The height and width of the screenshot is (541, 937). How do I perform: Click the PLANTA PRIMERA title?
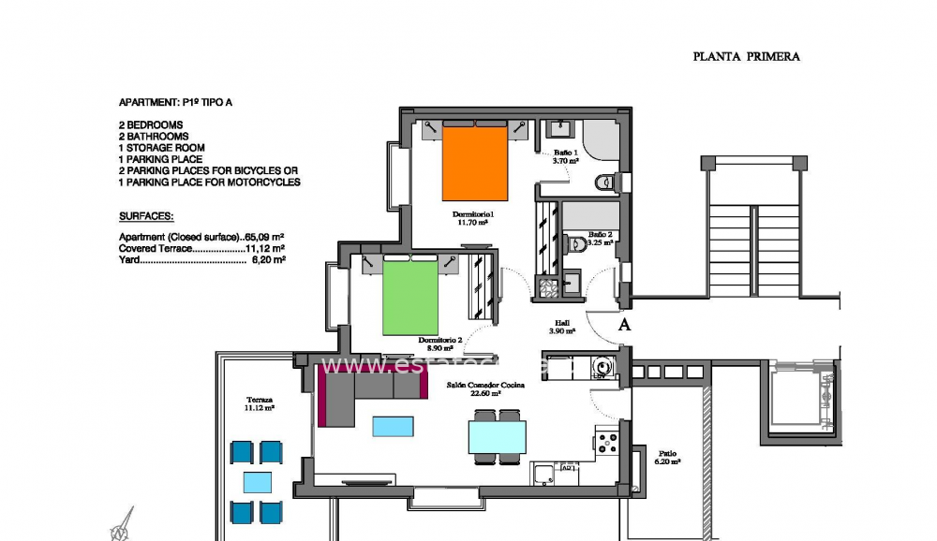746,56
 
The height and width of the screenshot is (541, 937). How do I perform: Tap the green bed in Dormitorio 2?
410,298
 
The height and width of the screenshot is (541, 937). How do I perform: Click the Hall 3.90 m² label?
562,327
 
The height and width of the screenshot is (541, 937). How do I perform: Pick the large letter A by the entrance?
624,325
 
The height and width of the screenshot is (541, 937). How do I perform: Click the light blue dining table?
497,437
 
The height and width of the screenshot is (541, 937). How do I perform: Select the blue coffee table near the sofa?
392,426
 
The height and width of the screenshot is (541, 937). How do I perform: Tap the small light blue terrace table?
257,482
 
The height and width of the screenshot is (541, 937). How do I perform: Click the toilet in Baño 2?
578,244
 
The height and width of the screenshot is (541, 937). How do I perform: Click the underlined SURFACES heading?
146,215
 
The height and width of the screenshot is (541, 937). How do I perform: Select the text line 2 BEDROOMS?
151,124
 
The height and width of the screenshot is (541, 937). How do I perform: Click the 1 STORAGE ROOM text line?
161,148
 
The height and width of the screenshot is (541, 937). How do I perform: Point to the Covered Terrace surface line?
201,249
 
